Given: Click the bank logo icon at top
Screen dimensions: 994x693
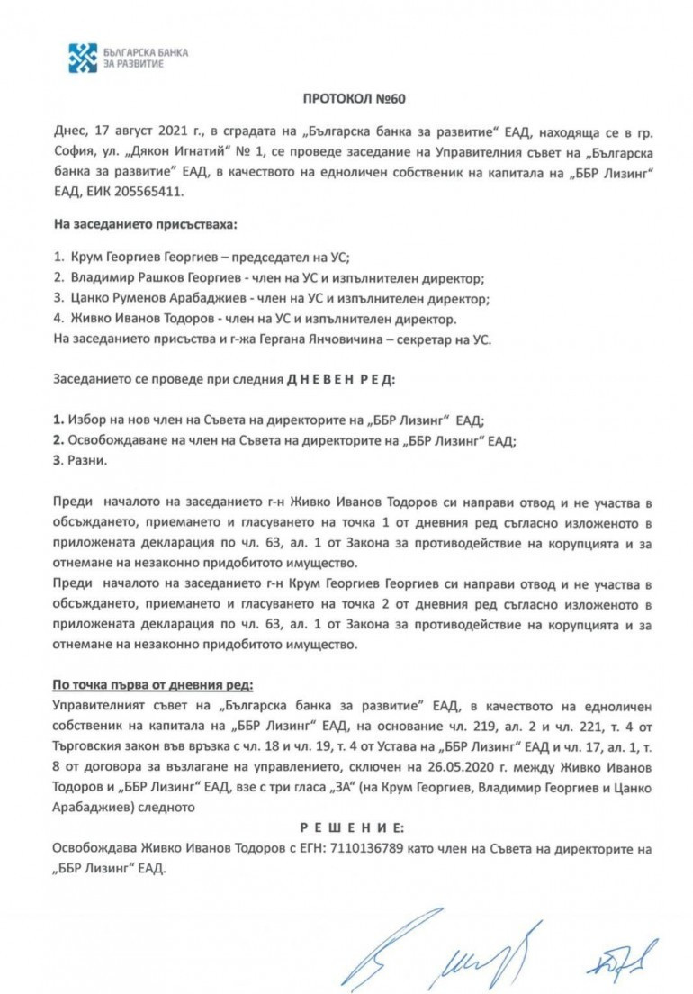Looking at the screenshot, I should tap(84, 58).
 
